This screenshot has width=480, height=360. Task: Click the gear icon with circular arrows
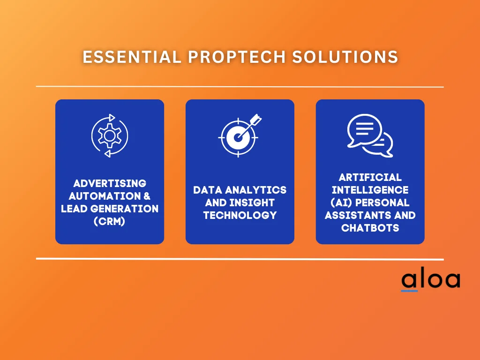tap(109, 135)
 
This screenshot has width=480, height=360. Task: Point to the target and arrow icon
tap(240, 135)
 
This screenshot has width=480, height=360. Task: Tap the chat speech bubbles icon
tap(370, 135)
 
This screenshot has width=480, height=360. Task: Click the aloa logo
tap(430, 280)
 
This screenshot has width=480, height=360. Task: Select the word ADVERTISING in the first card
tap(110, 183)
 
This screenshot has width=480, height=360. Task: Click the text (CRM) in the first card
tap(110, 221)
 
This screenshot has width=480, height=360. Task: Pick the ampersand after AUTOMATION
tap(146, 196)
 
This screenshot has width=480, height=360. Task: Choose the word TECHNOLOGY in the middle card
tap(240, 216)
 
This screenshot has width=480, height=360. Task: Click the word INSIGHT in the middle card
tap(255, 203)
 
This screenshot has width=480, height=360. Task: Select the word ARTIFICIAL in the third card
tap(370, 178)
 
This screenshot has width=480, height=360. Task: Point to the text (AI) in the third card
tap(337, 203)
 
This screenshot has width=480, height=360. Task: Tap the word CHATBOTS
tap(370, 228)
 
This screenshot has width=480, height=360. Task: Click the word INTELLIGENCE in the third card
tap(370, 190)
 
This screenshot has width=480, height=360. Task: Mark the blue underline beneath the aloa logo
tap(409, 291)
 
